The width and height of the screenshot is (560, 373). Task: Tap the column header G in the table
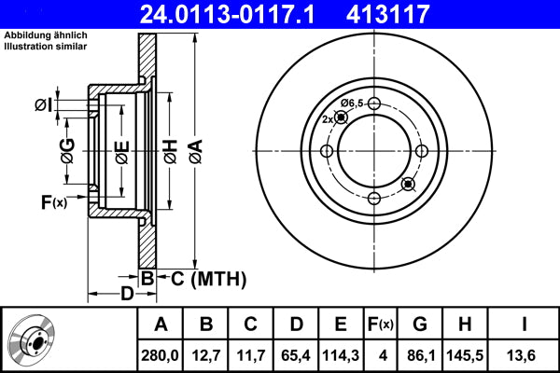[x=420, y=324]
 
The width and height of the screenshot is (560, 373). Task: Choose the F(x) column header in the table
[x=380, y=324]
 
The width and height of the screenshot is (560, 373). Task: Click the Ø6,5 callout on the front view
[x=352, y=102]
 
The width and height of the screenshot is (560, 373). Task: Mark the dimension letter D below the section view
[x=127, y=296]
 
